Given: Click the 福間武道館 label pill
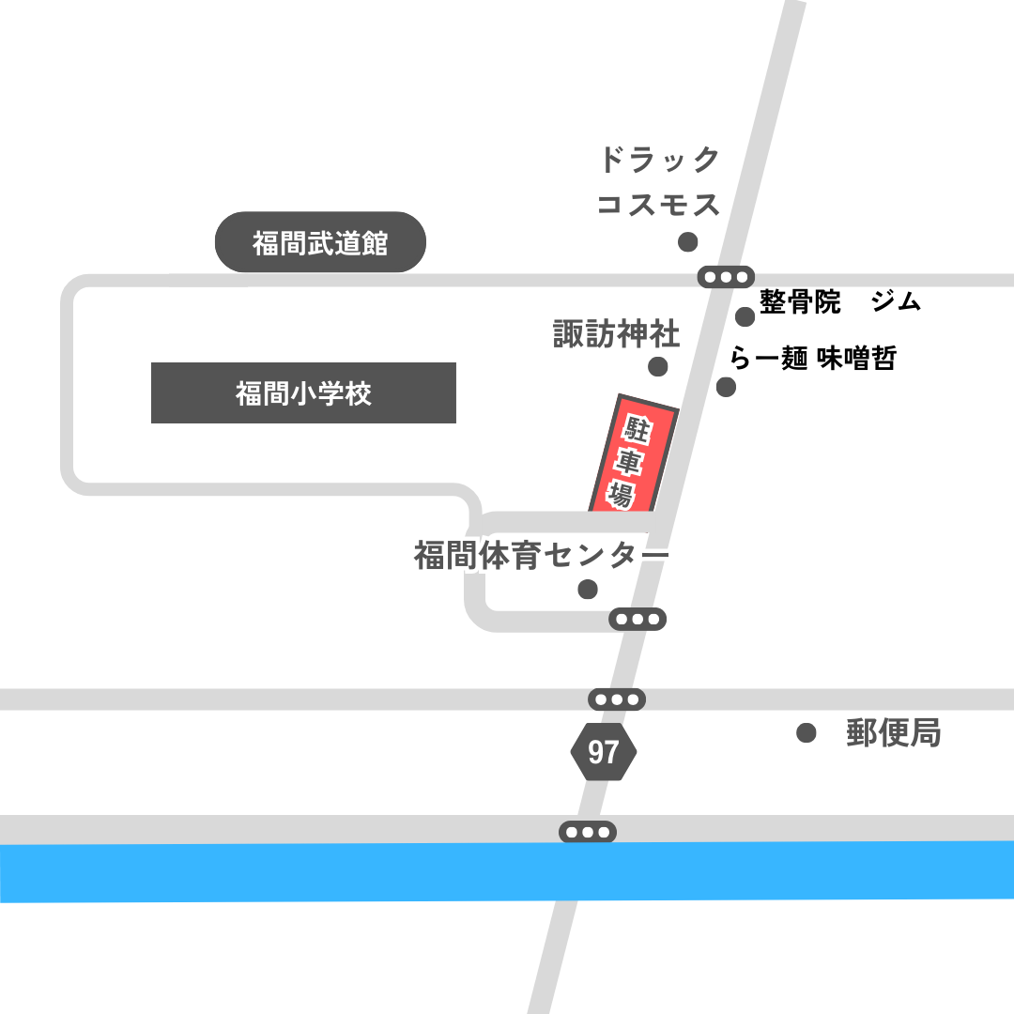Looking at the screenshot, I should coord(320,243).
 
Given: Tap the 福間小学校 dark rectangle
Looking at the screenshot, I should coord(303,392).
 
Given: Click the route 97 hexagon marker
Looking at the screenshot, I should coord(604,751).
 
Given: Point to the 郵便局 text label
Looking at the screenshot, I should coord(893,733).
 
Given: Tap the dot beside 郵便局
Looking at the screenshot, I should coord(806,733).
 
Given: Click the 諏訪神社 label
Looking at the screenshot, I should coord(616,334).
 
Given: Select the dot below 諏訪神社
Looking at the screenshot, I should coord(658,366).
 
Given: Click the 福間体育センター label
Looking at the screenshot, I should coord(541,556).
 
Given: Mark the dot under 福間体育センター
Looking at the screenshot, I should coord(588,590).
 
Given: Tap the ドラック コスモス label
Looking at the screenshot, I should coord(659,181).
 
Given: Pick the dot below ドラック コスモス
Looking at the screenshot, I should coord(687,242).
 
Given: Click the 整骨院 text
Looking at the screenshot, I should coord(800,302).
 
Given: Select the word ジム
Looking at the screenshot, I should coord(896,302).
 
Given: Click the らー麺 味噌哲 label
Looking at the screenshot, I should coord(813,359).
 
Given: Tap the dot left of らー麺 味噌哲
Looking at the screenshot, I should coord(726,387).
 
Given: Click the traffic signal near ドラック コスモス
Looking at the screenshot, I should coord(727,277).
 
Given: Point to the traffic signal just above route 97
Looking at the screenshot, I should coord(617,699).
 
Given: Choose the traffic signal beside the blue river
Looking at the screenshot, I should coord(588,832).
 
